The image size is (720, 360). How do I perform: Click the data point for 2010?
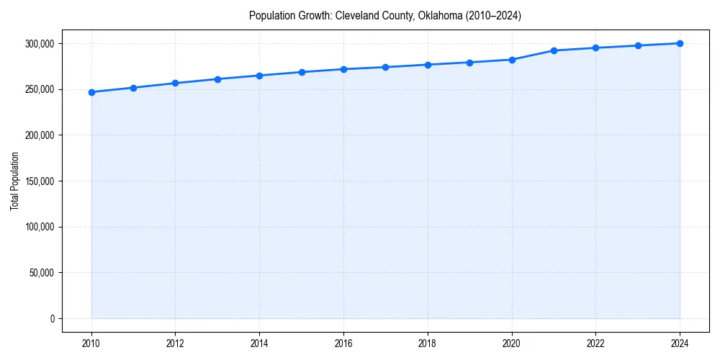click(91, 92)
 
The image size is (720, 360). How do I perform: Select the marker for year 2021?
click(554, 50)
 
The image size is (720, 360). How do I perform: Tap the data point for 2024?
click(680, 43)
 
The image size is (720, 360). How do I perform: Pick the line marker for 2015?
click(302, 72)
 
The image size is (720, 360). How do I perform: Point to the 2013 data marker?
click(217, 79)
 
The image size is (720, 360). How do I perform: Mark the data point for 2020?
click(512, 60)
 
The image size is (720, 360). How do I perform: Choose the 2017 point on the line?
click(386, 67)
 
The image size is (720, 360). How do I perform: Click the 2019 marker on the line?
click(469, 63)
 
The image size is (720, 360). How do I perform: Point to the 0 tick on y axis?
click(52, 319)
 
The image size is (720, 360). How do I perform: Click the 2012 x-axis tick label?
click(175, 343)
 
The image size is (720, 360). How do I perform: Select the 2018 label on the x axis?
click(428, 343)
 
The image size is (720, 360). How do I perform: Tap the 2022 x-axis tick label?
click(595, 343)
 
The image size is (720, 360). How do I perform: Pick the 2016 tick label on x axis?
click(343, 343)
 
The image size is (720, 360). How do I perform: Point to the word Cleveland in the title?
click(356, 15)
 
